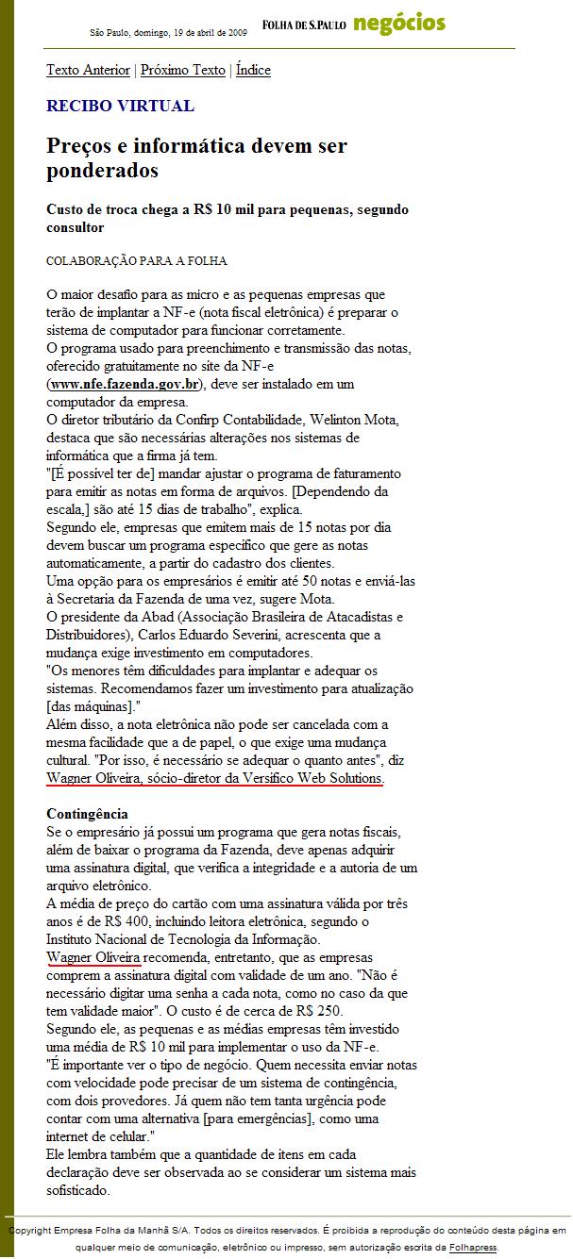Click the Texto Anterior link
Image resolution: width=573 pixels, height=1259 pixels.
[x=89, y=70]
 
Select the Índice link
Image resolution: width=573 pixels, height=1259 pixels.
[x=253, y=70]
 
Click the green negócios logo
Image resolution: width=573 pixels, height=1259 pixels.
[x=399, y=25]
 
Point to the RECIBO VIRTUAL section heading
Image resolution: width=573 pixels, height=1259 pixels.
[x=120, y=106]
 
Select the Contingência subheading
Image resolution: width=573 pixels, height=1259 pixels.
[x=87, y=814]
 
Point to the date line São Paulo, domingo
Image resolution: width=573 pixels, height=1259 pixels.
[x=168, y=32]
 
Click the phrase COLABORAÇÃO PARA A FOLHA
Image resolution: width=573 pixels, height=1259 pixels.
[x=137, y=261]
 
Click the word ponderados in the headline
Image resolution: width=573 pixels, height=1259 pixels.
[x=102, y=171]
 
